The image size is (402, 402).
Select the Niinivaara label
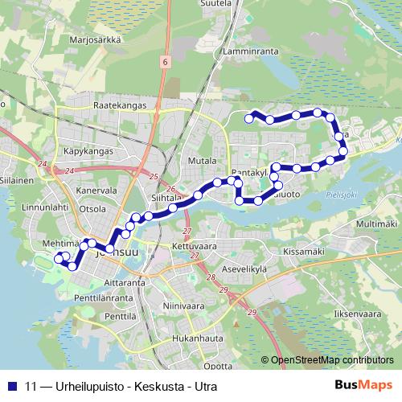click(180, 306)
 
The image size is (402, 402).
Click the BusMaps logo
click(363, 385)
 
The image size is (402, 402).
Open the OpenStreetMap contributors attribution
click(332, 360)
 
